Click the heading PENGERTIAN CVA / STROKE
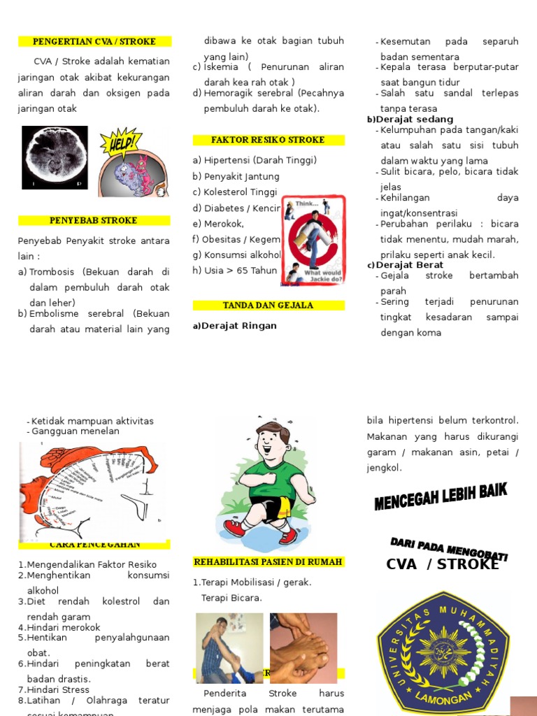tap(94, 41)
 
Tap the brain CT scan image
tap(55, 158)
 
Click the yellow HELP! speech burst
tap(120, 143)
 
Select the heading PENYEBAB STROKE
tap(94, 220)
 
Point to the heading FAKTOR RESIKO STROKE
tap(268, 140)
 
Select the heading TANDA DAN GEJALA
tap(268, 306)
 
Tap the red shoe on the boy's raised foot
tap(235, 528)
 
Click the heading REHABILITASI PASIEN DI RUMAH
tap(268, 562)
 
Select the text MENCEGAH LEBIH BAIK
tap(441, 497)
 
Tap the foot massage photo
tap(303, 648)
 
